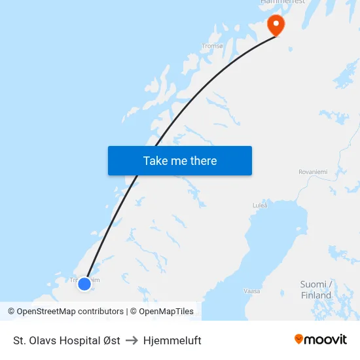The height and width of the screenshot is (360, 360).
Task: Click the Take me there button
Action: tap(180, 160)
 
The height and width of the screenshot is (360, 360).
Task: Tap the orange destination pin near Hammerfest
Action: tap(276, 25)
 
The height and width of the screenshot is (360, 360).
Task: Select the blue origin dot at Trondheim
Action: tap(84, 284)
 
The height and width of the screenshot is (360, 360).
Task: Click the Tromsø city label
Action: tap(213, 46)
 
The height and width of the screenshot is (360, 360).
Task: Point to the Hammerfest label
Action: tap(283, 3)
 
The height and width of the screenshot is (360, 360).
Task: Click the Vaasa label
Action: tap(252, 291)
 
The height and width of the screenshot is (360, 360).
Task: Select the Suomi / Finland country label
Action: tap(317, 289)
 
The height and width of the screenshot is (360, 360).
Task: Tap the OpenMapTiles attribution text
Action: tap(166, 312)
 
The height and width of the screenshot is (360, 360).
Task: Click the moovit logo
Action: tap(321, 340)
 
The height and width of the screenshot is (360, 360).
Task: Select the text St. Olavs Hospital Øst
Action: tap(67, 340)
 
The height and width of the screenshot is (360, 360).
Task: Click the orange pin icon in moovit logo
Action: tap(299, 339)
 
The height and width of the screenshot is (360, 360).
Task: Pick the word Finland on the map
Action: tap(317, 295)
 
